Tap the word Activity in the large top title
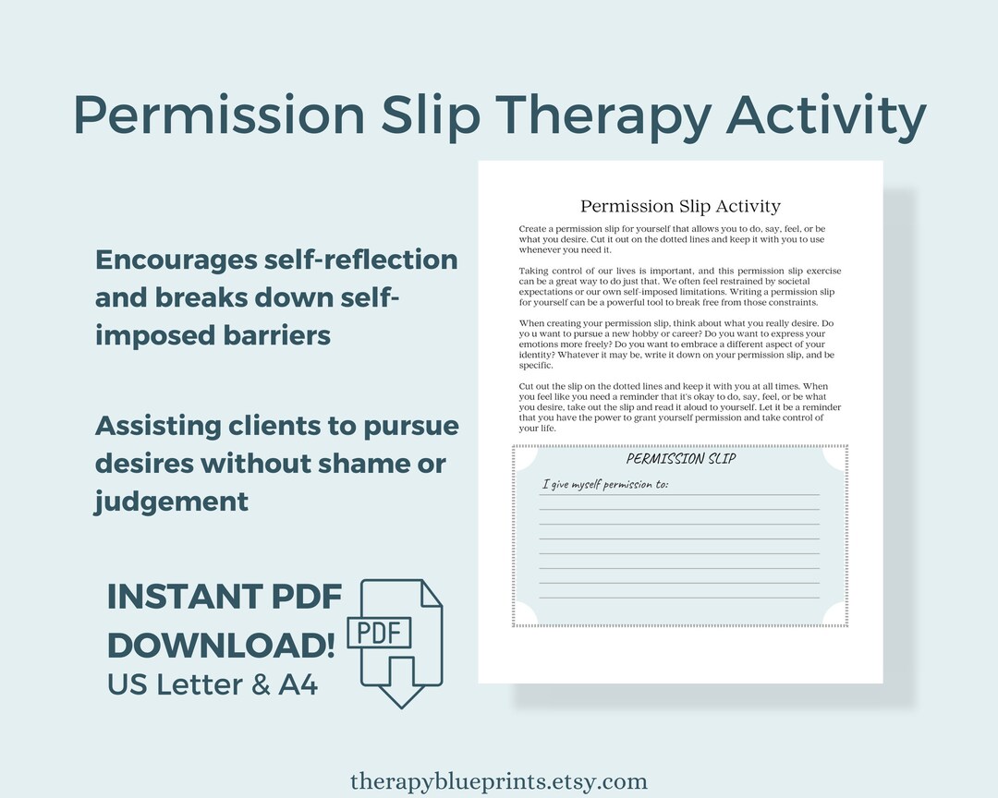[826, 116]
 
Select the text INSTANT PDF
[225, 597]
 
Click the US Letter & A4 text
[213, 684]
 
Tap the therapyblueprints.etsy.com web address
[499, 780]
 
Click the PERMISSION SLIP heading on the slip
[681, 459]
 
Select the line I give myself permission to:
[603, 484]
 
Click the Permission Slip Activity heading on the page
[680, 206]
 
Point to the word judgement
[171, 501]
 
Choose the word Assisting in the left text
[158, 426]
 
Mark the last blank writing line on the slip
[679, 598]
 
